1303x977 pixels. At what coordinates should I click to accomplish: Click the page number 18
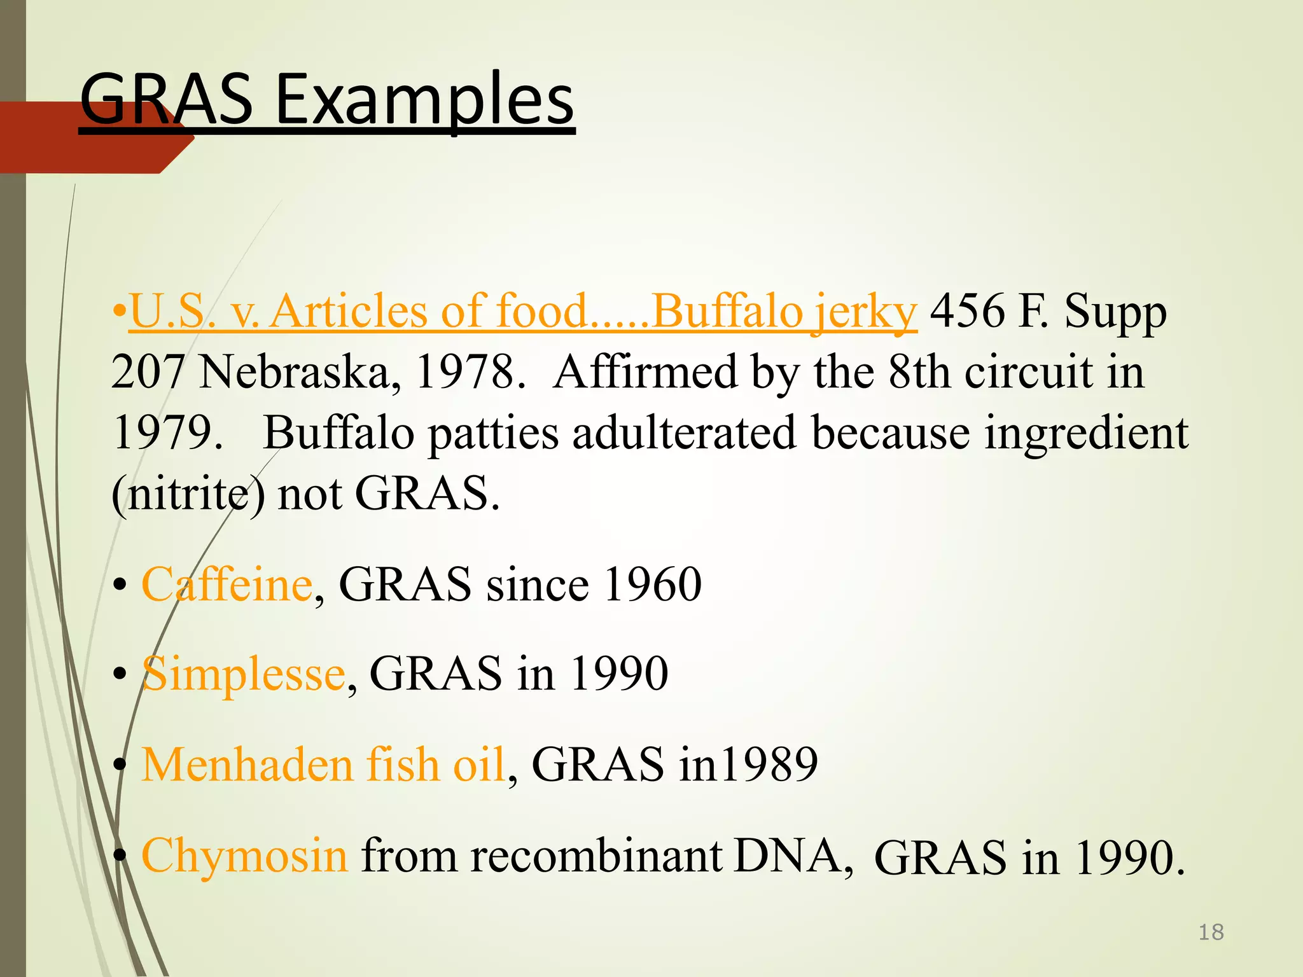(x=1211, y=932)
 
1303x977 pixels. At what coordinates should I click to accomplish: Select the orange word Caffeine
(x=226, y=584)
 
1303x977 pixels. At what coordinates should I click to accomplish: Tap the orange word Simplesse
(x=243, y=674)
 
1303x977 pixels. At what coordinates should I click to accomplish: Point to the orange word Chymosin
(x=244, y=855)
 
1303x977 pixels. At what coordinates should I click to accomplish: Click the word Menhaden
(x=247, y=764)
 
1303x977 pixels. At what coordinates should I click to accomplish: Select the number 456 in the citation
(x=967, y=312)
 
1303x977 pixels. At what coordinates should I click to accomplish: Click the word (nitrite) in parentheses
(x=188, y=494)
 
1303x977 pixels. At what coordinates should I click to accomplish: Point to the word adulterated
(x=684, y=433)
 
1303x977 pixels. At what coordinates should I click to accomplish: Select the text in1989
(x=748, y=764)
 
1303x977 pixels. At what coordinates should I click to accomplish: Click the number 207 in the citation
(x=148, y=372)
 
